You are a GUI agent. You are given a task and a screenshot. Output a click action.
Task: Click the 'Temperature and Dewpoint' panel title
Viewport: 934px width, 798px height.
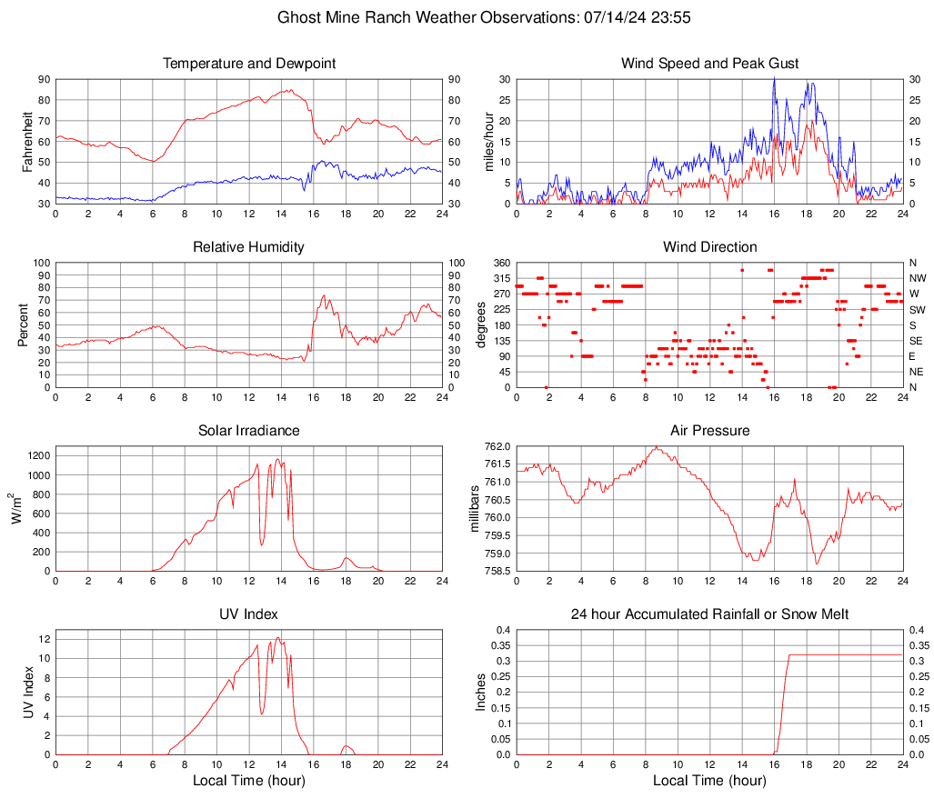[248, 64]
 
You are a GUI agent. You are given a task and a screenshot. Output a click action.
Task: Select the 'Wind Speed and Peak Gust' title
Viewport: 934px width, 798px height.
[709, 64]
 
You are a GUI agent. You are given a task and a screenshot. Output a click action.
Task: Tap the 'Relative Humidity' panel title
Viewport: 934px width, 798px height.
[248, 247]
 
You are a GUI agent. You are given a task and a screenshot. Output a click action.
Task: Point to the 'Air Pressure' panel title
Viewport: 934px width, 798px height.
[709, 431]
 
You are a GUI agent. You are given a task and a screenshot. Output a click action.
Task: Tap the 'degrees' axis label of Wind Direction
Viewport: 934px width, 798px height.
[480, 324]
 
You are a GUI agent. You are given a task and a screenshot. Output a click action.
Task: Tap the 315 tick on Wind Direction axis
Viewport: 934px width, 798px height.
[501, 278]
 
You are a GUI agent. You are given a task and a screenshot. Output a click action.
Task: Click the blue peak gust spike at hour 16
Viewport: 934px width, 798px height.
[774, 80]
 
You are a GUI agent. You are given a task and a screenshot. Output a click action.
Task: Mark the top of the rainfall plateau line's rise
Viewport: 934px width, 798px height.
[788, 654]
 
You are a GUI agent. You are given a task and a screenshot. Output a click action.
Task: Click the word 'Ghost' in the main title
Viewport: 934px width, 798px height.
[299, 17]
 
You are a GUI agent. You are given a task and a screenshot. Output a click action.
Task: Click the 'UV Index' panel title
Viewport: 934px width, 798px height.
[248, 614]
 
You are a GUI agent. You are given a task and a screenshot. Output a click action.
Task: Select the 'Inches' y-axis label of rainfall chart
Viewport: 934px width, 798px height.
[481, 692]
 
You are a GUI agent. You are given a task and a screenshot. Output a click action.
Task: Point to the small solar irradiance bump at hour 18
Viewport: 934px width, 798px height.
[346, 558]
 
